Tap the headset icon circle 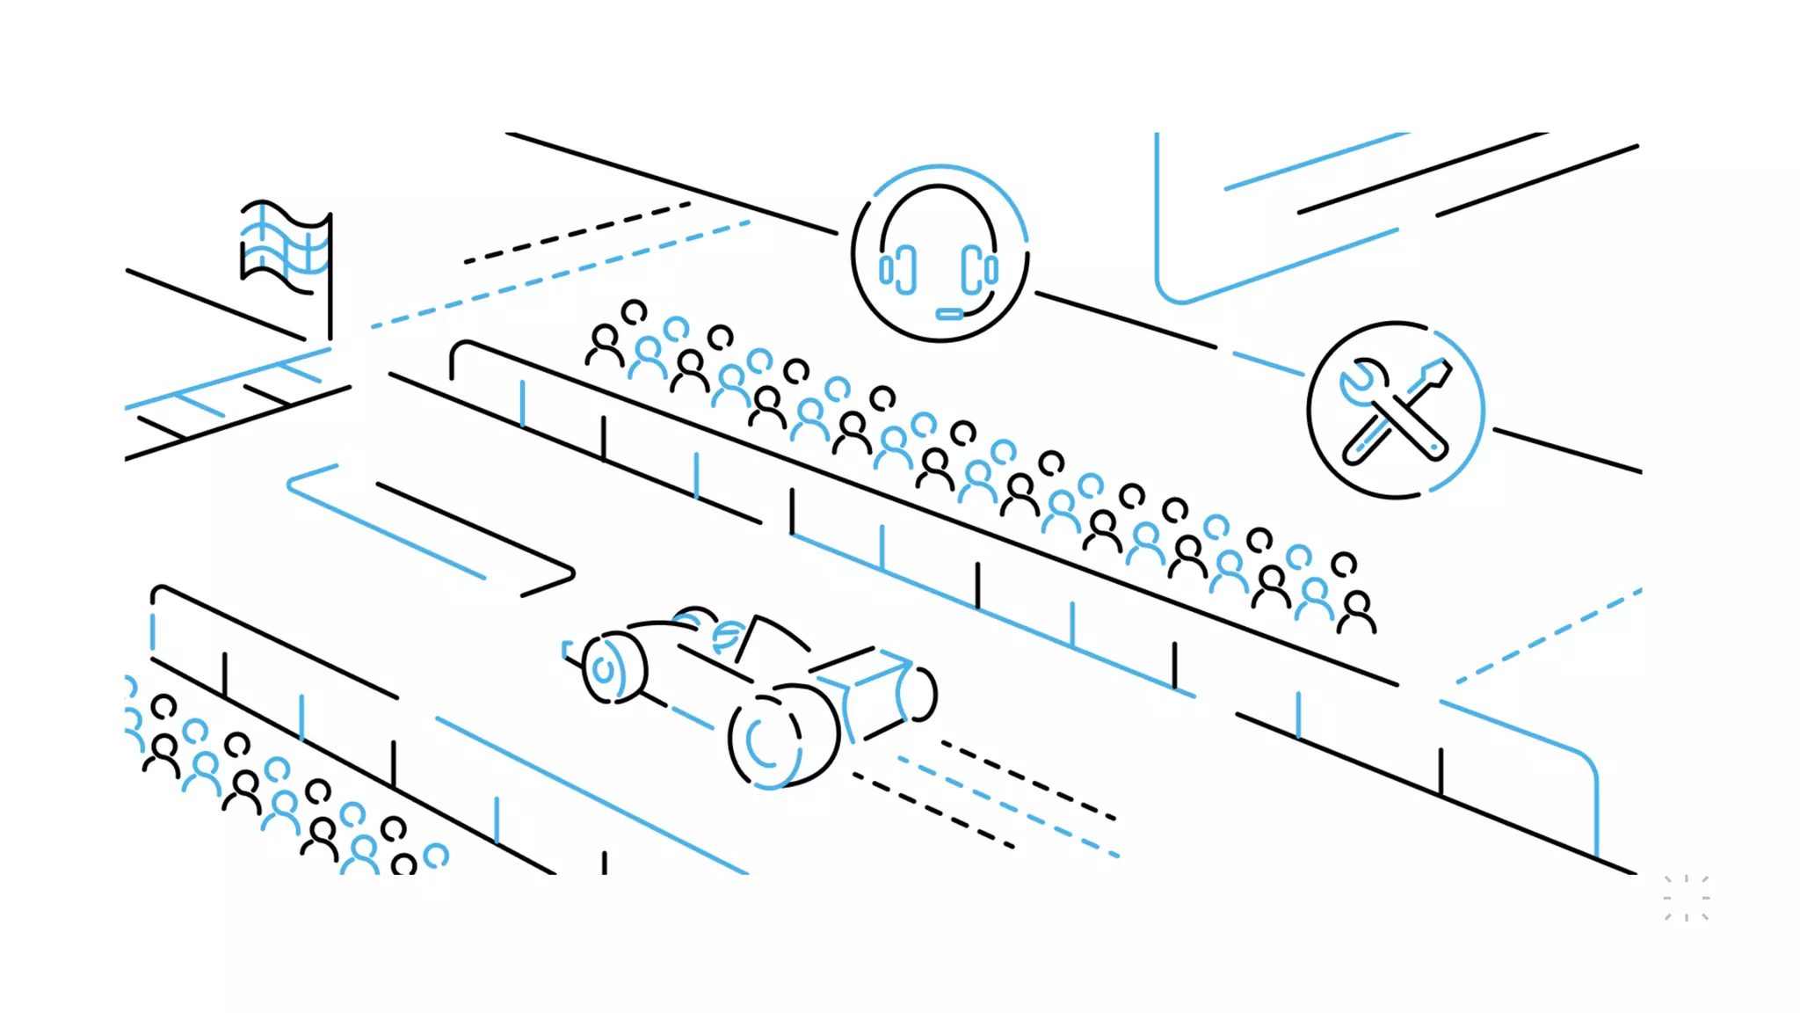click(940, 253)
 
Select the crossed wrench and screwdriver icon click(1396, 411)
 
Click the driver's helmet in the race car click(728, 635)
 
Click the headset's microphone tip click(949, 314)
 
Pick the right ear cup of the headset click(980, 269)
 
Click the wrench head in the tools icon click(1358, 383)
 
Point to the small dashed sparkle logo click(1686, 898)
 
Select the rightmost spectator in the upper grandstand click(1357, 611)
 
